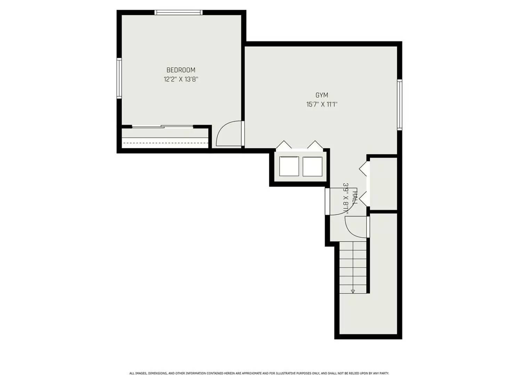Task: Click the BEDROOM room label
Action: coord(181,70)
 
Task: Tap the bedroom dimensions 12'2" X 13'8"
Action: coord(181,79)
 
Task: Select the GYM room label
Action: coord(322,95)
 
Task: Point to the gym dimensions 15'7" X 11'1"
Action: coord(322,104)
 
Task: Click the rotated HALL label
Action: coord(355,197)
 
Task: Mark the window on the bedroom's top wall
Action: coord(178,12)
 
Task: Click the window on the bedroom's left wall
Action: coord(119,78)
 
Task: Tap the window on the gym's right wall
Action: coord(399,104)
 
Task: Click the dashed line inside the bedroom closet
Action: coord(165,142)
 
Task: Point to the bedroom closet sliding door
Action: coord(163,127)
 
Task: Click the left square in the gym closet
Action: coord(289,166)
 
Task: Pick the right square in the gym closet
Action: coord(312,166)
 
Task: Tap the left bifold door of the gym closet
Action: coord(284,145)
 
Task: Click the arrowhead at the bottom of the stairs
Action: coord(353,291)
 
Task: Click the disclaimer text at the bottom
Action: coord(259,373)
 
